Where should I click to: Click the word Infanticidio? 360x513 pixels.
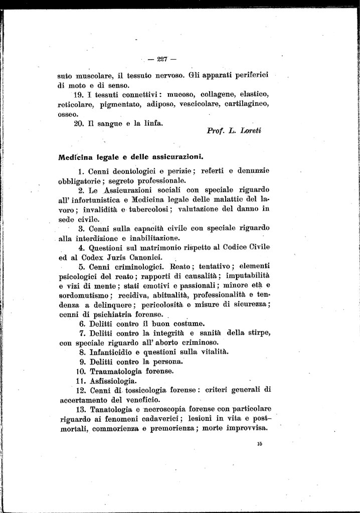click(x=115, y=352)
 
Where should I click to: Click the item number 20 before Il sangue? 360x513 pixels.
click(x=78, y=123)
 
